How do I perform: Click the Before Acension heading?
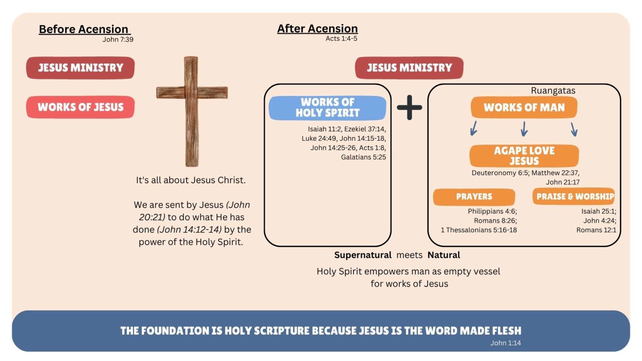pos(84,29)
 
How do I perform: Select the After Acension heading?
pos(317,29)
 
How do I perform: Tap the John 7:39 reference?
pos(118,40)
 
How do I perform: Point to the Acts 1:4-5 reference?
pos(341,39)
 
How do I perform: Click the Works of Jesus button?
pos(80,107)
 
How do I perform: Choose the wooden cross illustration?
pos(192,111)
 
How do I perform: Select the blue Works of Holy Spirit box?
pos(327,108)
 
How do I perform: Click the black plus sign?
pos(409,107)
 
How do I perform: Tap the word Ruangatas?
pos(553,91)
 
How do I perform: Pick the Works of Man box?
pos(524,107)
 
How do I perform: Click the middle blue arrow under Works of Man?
pos(524,129)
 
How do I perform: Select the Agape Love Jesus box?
pos(524,156)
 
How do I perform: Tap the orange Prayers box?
pos(474,197)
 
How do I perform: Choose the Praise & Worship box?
pos(573,196)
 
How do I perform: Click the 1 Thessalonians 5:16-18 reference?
pos(479,230)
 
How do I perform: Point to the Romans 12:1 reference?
pos(596,230)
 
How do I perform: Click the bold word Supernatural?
pos(362,255)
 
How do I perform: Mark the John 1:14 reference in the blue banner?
pos(505,343)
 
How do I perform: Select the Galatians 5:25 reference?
pos(363,157)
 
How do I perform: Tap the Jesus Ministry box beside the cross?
pos(80,68)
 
